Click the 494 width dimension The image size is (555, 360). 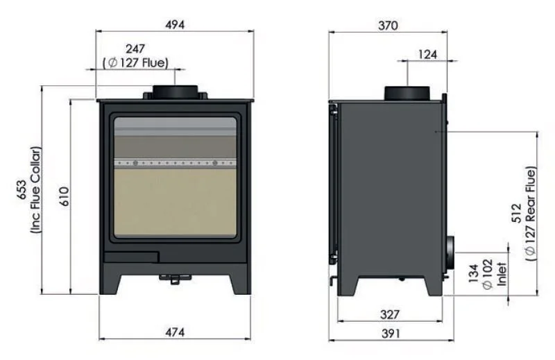tap(175, 25)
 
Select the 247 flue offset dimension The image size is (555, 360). tap(135, 49)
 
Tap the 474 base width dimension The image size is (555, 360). tap(175, 333)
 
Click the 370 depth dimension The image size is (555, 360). tap(388, 26)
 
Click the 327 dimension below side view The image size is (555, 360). tap(389, 315)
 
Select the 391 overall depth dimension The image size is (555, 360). tap(391, 333)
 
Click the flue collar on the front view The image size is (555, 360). tap(175, 92)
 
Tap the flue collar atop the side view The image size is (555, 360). tap(410, 92)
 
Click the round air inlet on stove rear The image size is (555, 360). tap(451, 251)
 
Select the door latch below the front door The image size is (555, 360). tap(174, 278)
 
